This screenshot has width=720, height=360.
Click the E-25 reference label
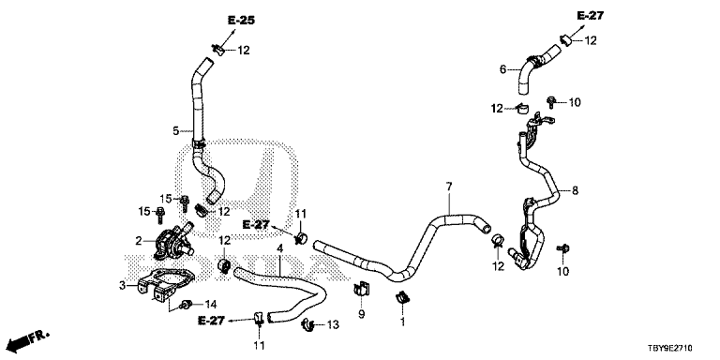(241, 20)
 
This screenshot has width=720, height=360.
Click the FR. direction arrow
(28, 339)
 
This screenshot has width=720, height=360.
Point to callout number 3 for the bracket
(122, 286)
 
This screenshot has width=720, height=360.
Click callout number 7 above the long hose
(449, 187)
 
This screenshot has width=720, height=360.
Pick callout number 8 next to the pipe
(576, 190)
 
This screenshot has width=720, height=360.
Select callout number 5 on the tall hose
(176, 131)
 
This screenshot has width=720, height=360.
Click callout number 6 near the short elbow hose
(502, 69)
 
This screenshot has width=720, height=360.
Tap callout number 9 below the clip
(361, 315)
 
